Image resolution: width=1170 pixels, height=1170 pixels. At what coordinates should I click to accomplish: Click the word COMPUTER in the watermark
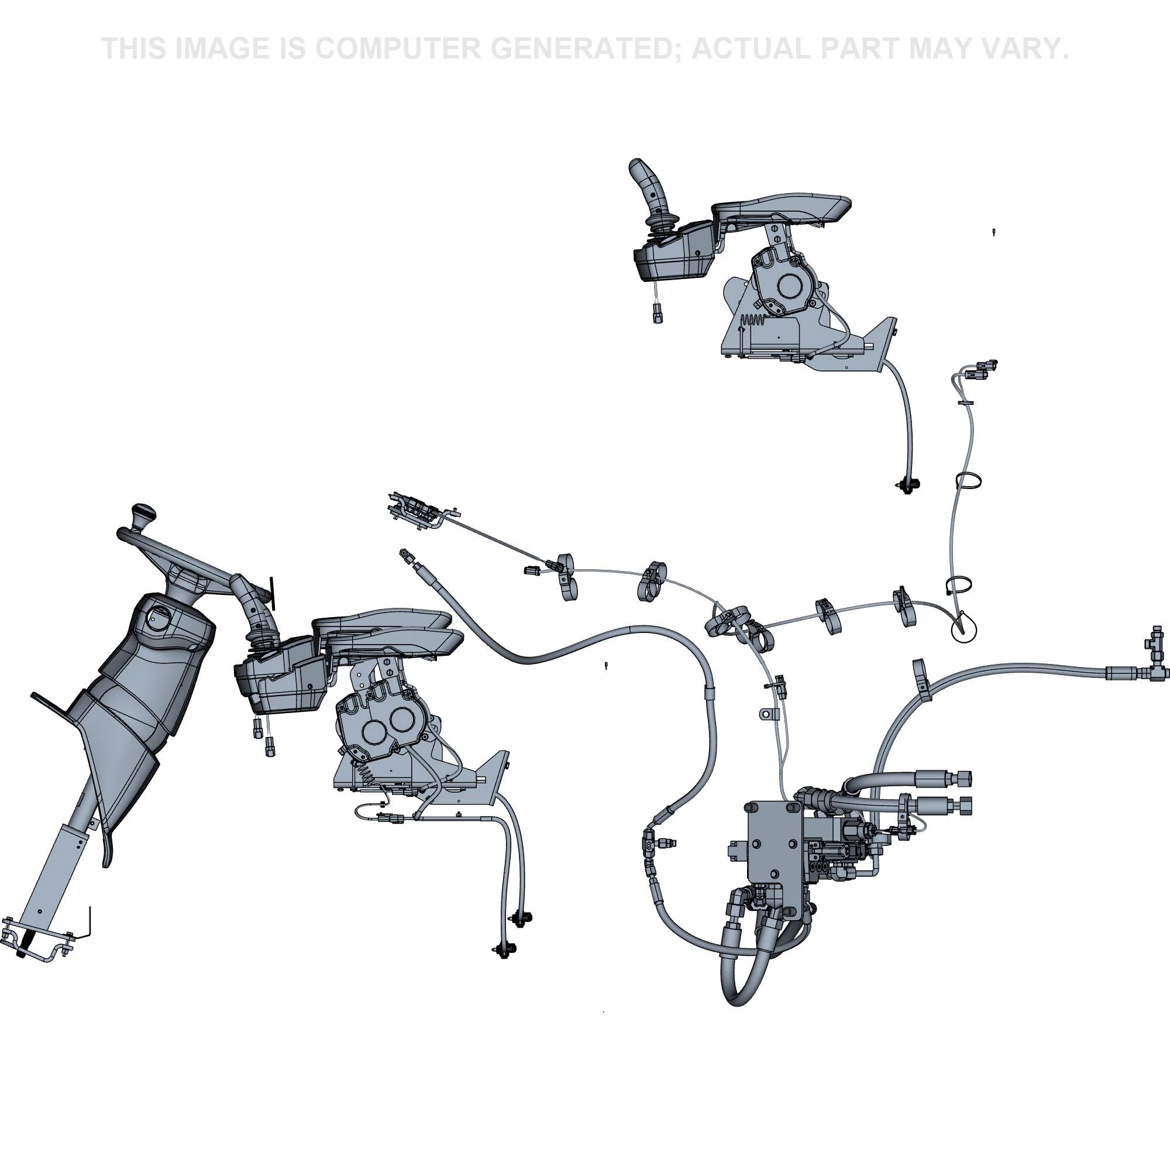397,49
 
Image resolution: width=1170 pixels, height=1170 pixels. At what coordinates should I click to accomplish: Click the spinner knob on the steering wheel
144,515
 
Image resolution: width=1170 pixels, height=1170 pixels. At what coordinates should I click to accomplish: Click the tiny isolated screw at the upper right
994,231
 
